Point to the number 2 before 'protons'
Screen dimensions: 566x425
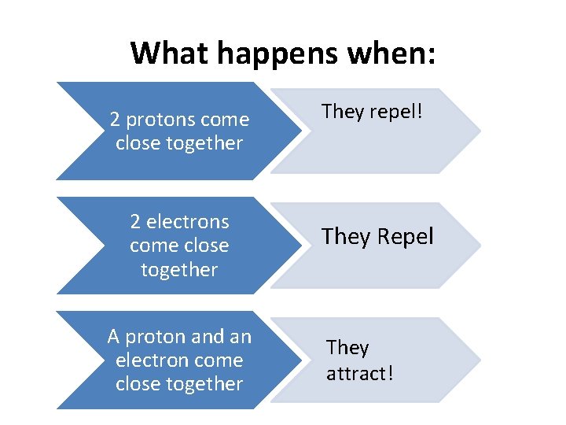tap(115, 120)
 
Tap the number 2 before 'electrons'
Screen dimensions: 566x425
tap(136, 222)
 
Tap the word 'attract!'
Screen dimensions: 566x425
tap(359, 372)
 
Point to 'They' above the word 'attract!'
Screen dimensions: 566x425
tap(347, 348)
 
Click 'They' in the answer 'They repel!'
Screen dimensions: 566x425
tap(342, 112)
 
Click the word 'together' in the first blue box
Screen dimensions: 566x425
tap(205, 143)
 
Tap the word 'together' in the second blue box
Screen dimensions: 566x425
tap(179, 270)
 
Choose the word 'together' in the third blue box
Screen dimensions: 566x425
tap(205, 384)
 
